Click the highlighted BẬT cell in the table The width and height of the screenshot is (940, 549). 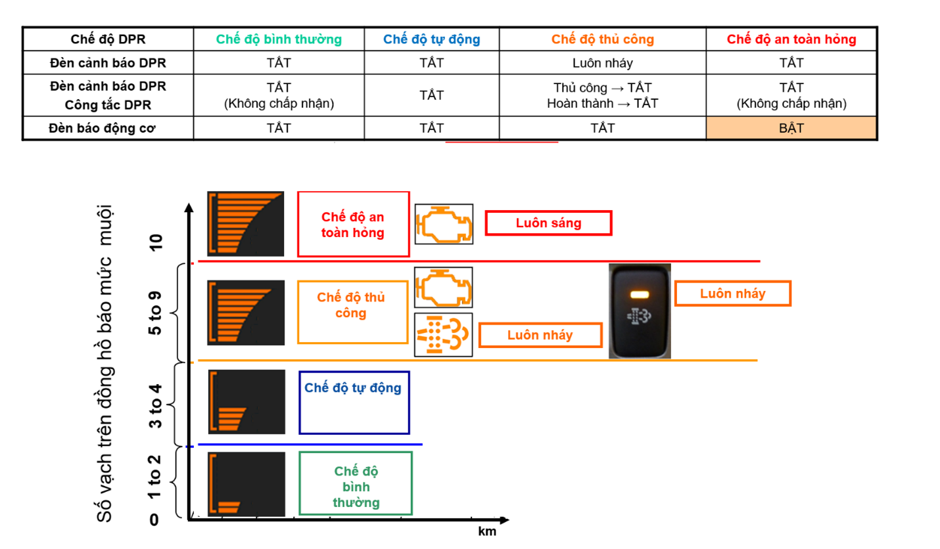point(791,129)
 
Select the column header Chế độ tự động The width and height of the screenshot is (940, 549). point(431,39)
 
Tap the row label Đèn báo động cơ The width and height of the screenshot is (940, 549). point(108,129)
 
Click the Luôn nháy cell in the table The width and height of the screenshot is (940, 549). point(602,63)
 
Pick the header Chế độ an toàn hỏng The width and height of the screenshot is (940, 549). point(791,39)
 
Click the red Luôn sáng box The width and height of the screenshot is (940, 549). point(548,223)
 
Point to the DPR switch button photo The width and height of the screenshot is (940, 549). point(640,311)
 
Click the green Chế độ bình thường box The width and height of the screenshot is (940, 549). point(356,483)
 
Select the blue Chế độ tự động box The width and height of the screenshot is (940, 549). point(354,403)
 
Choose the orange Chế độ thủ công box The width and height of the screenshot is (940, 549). point(352,312)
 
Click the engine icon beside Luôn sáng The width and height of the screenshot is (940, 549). point(444,224)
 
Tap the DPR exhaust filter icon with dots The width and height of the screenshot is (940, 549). point(444,335)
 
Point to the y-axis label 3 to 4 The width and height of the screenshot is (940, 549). point(156,403)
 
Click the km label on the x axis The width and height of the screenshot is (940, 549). point(486,532)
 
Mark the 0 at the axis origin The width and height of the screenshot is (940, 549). point(154,520)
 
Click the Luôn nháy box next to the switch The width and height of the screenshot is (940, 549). point(732,294)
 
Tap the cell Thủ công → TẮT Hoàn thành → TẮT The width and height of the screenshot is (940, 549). point(602,95)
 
